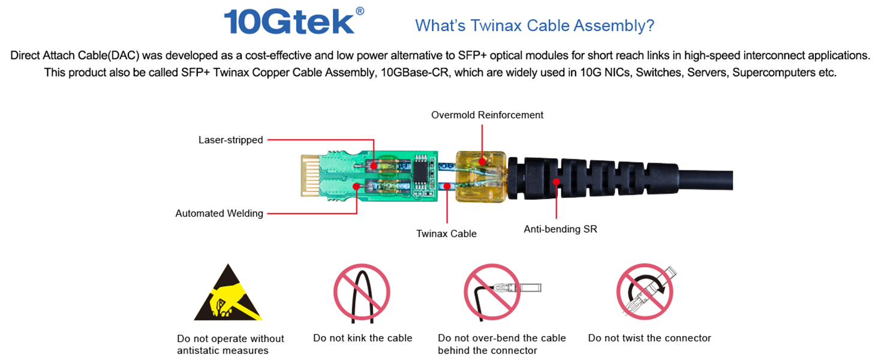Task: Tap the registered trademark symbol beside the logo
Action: [x=360, y=11]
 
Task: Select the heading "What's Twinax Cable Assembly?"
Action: [x=534, y=25]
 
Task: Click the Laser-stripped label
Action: [x=230, y=140]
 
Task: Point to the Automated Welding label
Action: [x=219, y=214]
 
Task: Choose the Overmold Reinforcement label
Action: [x=487, y=115]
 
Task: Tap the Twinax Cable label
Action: [x=446, y=234]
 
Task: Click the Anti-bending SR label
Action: [x=561, y=229]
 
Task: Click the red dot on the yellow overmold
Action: [x=482, y=161]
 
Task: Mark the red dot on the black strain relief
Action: [x=556, y=182]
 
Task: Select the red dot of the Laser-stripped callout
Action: [x=374, y=166]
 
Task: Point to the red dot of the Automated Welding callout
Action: [x=356, y=186]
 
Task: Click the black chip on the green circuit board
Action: [x=421, y=173]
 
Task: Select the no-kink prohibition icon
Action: [x=362, y=293]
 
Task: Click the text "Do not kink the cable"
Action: [x=363, y=338]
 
